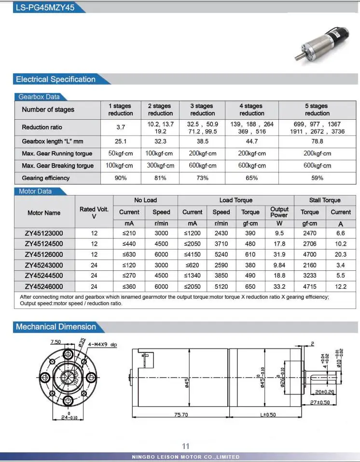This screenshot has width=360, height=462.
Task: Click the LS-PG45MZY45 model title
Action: click(44, 8)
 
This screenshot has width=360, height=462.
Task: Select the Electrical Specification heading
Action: click(55, 80)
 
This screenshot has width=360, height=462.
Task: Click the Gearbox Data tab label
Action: click(39, 97)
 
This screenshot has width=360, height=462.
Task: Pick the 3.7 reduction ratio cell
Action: click(121, 127)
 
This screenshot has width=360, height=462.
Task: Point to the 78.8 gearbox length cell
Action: click(317, 141)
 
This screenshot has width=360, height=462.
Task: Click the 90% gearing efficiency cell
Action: click(121, 178)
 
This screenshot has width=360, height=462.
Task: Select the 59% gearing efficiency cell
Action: click(317, 178)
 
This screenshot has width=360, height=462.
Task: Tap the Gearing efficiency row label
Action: click(46, 178)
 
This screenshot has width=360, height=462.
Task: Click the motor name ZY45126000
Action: click(44, 254)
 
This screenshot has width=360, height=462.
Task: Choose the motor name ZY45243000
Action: click(44, 265)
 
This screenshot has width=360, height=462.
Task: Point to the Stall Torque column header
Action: click(325, 200)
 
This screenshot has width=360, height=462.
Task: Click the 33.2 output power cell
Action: click(279, 286)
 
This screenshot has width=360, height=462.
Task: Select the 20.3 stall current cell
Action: click(341, 254)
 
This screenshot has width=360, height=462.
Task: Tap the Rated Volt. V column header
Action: click(94, 212)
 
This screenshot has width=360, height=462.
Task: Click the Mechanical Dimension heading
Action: click(55, 327)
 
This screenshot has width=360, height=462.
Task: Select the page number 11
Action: click(186, 446)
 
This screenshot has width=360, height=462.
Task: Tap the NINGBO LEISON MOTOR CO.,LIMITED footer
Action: click(186, 457)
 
